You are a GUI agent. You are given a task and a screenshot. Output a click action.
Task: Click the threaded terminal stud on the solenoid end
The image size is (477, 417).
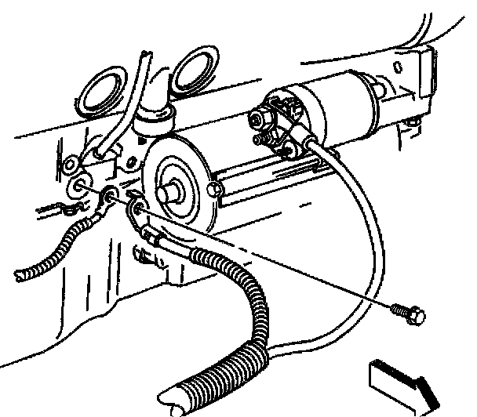pos(260,119)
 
